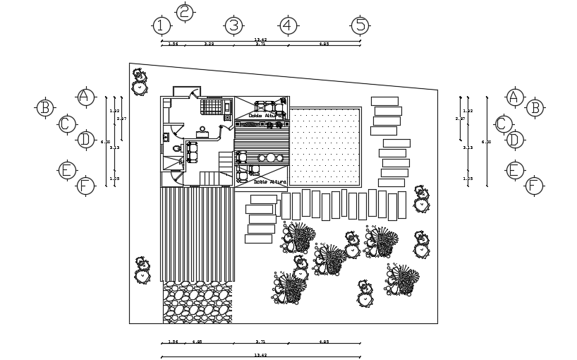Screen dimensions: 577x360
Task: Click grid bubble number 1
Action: click(162, 26)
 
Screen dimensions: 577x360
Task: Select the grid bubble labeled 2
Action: click(184, 12)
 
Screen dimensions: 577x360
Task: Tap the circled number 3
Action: click(233, 26)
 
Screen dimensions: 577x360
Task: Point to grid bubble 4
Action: click(286, 25)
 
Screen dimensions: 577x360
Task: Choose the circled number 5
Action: click(360, 25)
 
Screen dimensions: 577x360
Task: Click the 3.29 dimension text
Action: click(209, 44)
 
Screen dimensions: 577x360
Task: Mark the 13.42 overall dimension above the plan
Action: click(260, 40)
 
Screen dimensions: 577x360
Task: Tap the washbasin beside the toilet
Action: click(166, 137)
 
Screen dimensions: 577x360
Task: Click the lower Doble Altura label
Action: click(269, 182)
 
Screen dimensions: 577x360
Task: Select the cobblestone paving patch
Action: click(198, 302)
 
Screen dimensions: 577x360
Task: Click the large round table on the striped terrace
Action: click(270, 157)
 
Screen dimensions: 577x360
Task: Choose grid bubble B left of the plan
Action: click(44, 107)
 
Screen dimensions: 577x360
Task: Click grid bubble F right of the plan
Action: click(534, 186)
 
